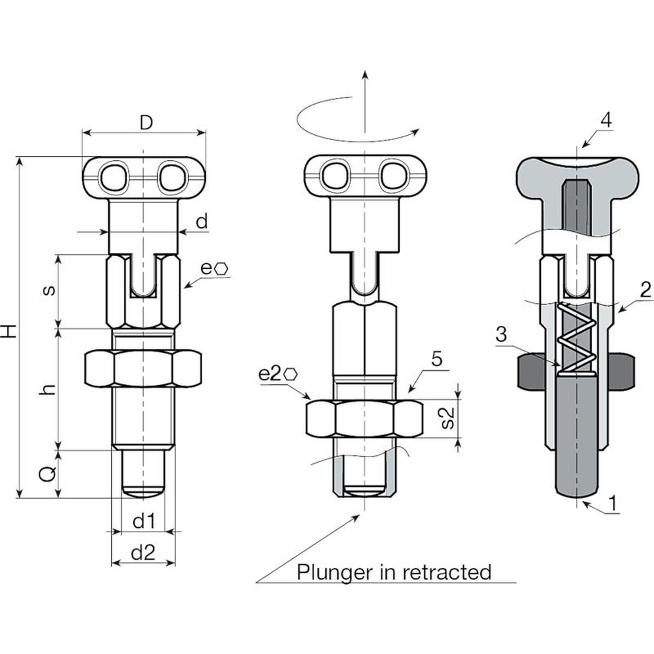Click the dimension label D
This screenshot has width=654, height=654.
146,122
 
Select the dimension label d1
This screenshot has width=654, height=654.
144,521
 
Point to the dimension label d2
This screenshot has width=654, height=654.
143,553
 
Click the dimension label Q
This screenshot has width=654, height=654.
47,474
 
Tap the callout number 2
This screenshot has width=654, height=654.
645,290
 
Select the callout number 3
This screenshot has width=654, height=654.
501,334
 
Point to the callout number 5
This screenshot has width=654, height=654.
437,359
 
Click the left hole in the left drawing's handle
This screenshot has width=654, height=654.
113,177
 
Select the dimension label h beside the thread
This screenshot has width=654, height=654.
48,390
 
